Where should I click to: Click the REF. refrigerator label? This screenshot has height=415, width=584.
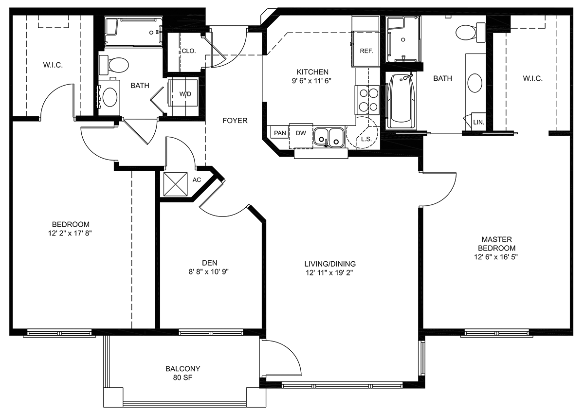coord(366,51)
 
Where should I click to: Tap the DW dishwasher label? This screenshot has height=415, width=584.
coord(301,133)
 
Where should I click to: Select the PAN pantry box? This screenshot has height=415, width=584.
coord(280,133)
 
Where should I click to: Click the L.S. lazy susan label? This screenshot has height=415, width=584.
coord(366,139)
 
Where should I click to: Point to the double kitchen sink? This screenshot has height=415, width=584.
coord(329,138)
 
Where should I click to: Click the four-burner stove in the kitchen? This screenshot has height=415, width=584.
coord(367,100)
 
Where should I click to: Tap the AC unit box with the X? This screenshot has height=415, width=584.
coord(176,184)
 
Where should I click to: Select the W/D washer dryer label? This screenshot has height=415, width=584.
coord(185,94)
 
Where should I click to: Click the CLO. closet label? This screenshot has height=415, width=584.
coord(189,51)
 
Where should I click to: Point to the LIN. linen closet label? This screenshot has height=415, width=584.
coord(479,122)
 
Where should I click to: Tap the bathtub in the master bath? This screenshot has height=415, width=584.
coord(401,101)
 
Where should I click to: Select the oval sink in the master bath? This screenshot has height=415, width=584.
coord(475,83)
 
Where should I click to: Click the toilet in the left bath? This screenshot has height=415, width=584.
coord(114,64)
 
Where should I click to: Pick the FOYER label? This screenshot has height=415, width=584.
coord(235,121)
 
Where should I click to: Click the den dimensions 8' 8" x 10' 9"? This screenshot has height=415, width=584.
coord(209,272)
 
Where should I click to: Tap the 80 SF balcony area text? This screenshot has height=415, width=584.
coord(182,378)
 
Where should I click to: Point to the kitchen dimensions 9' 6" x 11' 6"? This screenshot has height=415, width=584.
coord(311,81)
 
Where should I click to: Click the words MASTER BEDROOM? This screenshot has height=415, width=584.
coord(497,243)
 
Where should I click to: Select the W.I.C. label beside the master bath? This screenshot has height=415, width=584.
coord(532,78)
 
